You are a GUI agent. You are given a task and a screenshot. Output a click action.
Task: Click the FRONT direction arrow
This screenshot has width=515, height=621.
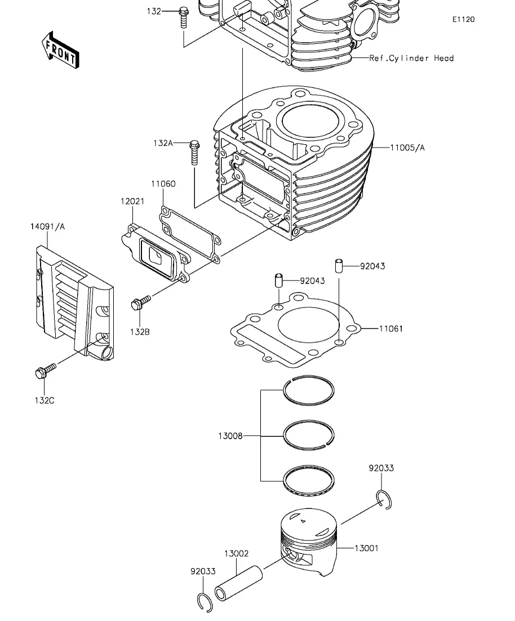[x=60, y=50]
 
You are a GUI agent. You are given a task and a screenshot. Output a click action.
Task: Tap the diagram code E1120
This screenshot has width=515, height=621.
[x=464, y=19]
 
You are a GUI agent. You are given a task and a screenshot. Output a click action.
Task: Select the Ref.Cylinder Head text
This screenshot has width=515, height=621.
[x=411, y=58]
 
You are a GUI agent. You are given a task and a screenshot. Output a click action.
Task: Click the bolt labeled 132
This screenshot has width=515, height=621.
[x=183, y=17]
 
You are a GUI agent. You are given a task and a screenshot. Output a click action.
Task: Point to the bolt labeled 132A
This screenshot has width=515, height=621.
[x=194, y=153]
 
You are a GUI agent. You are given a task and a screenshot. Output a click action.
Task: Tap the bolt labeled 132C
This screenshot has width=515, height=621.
[x=46, y=370]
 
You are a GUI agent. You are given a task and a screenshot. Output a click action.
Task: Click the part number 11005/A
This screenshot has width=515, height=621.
[x=407, y=148]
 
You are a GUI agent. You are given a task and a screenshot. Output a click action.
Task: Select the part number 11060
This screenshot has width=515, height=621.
[x=163, y=184]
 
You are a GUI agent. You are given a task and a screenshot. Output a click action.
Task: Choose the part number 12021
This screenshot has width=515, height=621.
[x=132, y=201]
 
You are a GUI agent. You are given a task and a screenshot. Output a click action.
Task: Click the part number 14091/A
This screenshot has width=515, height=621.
[x=47, y=226]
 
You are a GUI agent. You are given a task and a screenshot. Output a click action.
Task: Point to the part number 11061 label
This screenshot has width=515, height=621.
[x=391, y=329]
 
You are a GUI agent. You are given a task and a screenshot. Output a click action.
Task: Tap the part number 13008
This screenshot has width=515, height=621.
[x=230, y=436]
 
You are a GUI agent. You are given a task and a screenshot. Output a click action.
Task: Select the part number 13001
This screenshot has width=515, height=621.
[x=366, y=548]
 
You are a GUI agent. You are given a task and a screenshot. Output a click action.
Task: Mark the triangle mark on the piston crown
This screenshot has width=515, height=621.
[x=303, y=521]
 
